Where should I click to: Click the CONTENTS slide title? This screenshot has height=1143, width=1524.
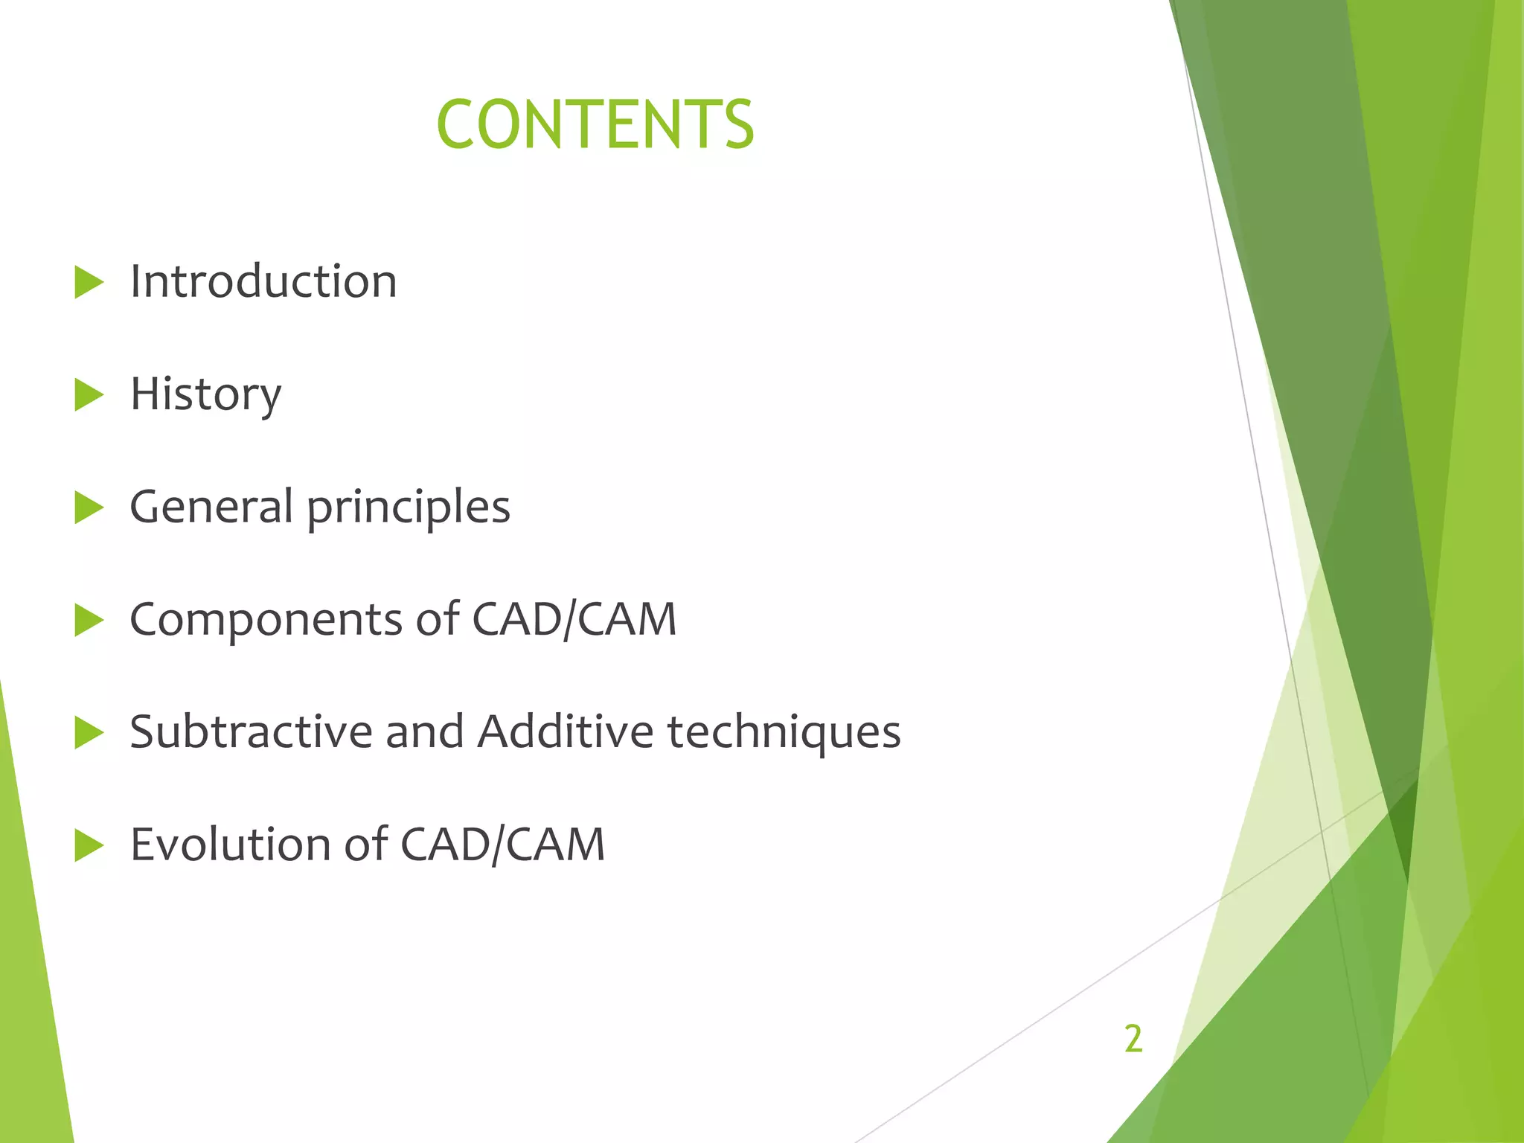[x=595, y=124]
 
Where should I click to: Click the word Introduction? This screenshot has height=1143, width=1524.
[x=263, y=281]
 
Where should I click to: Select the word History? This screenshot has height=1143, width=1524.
[x=205, y=394]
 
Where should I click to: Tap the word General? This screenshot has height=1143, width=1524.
[x=211, y=507]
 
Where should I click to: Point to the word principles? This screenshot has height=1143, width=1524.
[x=409, y=508]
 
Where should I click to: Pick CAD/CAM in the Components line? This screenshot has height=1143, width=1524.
[x=574, y=619]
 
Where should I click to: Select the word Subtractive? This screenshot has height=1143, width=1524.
[x=250, y=731]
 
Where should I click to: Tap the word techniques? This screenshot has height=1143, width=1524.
[x=784, y=733]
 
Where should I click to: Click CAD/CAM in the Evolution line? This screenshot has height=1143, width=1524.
[x=502, y=845]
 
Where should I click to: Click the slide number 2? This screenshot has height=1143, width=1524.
[x=1133, y=1039]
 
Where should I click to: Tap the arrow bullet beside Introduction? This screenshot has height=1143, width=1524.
[x=89, y=284]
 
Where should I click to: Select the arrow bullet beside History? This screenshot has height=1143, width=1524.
[x=89, y=396]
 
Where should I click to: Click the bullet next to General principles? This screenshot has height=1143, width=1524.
[x=89, y=508]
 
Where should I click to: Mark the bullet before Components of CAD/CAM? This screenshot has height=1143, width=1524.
[x=89, y=621]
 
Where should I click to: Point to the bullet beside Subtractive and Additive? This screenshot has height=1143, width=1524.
[x=89, y=733]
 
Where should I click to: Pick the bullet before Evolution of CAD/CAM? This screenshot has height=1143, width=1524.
[x=89, y=846]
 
